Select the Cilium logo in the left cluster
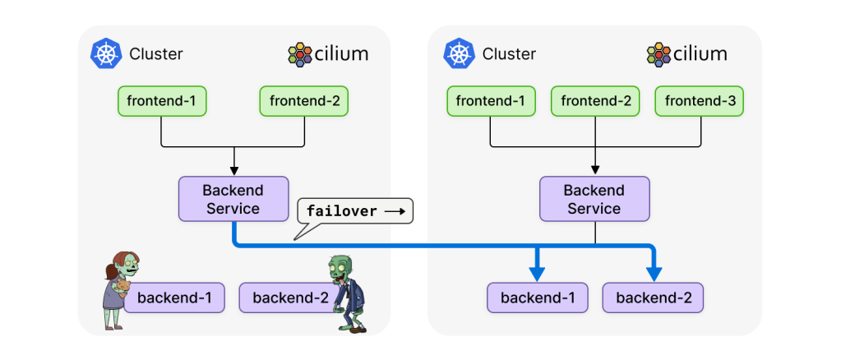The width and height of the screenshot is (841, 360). [x=300, y=54]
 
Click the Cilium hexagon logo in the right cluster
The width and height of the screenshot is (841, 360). [x=658, y=54]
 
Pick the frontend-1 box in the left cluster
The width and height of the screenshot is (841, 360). [x=162, y=102]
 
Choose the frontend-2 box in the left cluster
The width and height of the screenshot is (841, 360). [x=304, y=102]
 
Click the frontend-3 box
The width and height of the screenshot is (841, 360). [x=700, y=102]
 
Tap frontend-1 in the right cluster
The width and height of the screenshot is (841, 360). [x=491, y=102]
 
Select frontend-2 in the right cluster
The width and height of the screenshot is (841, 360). [x=595, y=102]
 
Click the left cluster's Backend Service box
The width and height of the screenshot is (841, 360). [x=233, y=199]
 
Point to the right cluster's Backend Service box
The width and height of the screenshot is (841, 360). [x=594, y=199]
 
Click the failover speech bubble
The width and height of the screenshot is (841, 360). [x=354, y=211]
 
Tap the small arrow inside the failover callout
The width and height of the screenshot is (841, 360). [x=395, y=211]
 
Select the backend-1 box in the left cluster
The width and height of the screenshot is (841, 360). [x=173, y=298]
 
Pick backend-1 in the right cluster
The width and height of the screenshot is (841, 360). [x=537, y=298]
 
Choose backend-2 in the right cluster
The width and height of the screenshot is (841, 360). [x=653, y=298]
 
